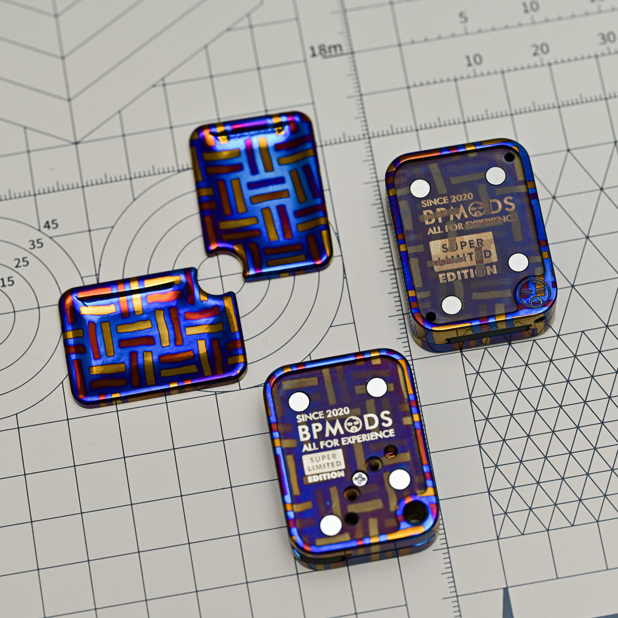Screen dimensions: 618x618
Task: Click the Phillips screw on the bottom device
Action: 359,480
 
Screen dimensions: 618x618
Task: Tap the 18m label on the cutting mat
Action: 326,49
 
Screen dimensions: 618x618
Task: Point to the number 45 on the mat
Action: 50,225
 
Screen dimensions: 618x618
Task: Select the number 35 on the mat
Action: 36,244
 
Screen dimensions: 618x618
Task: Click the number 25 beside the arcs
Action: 22,263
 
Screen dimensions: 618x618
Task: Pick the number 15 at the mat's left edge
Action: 7,282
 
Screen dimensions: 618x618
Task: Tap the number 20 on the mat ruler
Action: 541,49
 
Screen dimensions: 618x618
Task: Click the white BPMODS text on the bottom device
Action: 346,423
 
